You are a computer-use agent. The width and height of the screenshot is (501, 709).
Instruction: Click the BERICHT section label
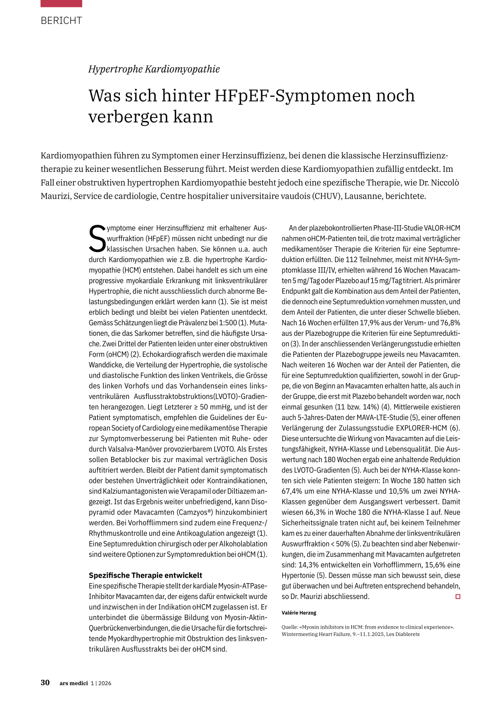tap(61, 21)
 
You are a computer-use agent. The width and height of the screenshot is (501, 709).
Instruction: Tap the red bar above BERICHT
tap(61, 3)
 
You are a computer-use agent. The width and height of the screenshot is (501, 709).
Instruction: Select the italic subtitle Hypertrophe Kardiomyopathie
tap(154, 69)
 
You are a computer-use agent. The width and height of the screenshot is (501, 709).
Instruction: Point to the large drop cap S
tap(97, 238)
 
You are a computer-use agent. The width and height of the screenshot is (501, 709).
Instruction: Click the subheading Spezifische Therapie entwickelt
tap(145, 575)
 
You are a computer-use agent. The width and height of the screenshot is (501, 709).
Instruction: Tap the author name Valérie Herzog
tap(299, 613)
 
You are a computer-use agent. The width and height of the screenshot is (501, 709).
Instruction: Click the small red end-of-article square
tap(458, 596)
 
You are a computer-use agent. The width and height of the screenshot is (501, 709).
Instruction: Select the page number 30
tap(45, 683)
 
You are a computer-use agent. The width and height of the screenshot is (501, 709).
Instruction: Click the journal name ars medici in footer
tap(73, 683)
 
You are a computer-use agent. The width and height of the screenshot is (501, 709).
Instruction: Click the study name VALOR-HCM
tap(442, 228)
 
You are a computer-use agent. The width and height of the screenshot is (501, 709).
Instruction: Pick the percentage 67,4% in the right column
tap(292, 491)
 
